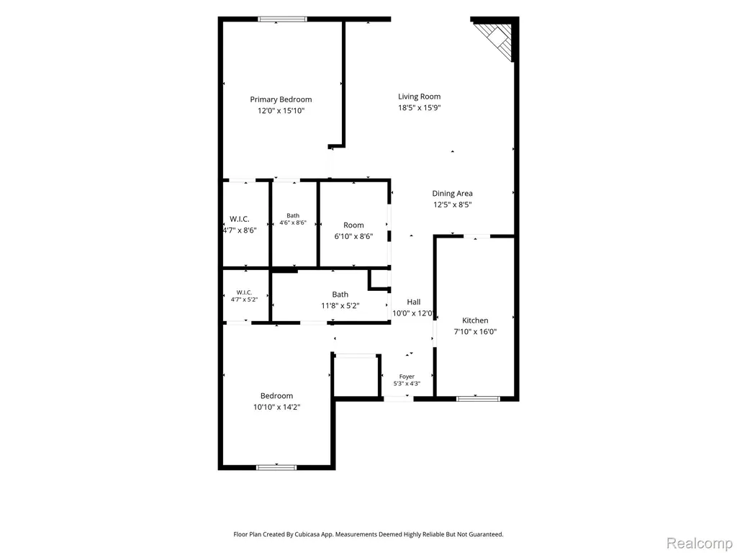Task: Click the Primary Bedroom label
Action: point(281,99)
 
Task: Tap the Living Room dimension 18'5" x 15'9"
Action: point(420,108)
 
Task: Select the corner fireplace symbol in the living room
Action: point(495,40)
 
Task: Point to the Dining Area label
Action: point(452,193)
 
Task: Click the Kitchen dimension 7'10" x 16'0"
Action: point(475,331)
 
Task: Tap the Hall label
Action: point(414,302)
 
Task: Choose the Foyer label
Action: point(407,376)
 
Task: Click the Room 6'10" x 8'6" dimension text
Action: point(353,236)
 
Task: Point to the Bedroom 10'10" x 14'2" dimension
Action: point(276,408)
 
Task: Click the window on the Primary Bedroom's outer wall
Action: point(282,19)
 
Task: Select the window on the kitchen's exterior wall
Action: point(478,399)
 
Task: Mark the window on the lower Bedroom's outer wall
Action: point(276,467)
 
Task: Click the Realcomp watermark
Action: point(700,543)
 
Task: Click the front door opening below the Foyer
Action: point(399,399)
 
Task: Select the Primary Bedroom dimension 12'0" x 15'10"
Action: point(281,111)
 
